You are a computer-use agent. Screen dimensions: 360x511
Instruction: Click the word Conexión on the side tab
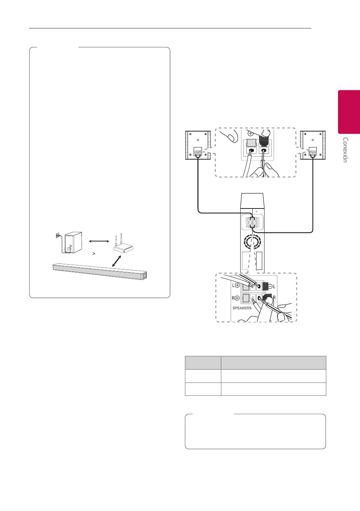(345, 150)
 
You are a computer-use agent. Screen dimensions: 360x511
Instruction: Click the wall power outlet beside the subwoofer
(57, 235)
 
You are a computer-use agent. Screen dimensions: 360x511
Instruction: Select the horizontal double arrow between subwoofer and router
(99, 241)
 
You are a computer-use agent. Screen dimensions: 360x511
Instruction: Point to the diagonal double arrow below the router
(116, 261)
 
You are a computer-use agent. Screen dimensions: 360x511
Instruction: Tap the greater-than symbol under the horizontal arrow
(94, 254)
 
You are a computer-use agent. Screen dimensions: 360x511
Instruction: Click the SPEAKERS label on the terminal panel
(242, 308)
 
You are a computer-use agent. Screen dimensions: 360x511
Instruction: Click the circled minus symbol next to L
(271, 286)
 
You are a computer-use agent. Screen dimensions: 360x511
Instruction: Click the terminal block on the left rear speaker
(198, 152)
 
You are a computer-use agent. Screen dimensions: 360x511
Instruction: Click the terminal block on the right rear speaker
(313, 152)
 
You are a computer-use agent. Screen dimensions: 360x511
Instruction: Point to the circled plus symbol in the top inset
(250, 133)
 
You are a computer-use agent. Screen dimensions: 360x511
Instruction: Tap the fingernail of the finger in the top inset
(232, 138)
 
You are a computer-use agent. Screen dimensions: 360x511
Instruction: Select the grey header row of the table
(255, 362)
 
